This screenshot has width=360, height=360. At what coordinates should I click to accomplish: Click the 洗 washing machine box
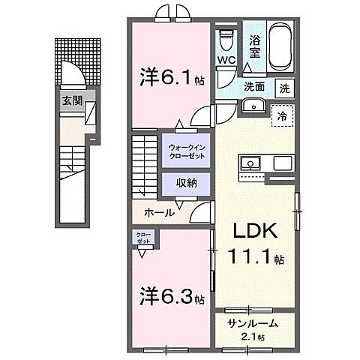coord(285,88)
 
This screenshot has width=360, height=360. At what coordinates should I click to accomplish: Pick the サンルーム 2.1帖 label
coord(254,328)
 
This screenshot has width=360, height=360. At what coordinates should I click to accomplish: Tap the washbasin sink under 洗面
coord(253,106)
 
